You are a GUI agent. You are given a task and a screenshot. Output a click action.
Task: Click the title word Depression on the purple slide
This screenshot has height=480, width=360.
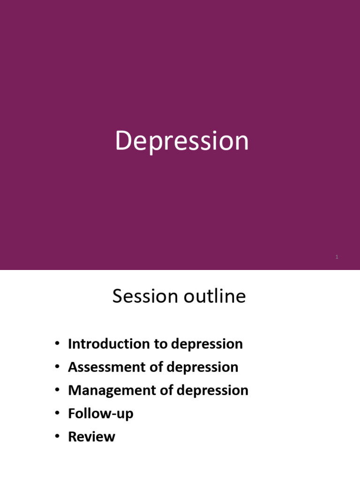click(182, 141)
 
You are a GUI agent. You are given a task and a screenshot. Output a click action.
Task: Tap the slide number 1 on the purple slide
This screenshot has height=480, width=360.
click(337, 257)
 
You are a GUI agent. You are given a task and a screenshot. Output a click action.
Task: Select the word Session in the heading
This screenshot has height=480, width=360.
click(145, 296)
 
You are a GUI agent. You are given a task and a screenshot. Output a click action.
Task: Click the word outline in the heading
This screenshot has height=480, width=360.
click(215, 296)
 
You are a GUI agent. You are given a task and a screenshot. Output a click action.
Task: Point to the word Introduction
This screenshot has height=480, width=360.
click(109, 344)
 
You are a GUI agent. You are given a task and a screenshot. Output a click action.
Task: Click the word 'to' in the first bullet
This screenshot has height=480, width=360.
click(161, 344)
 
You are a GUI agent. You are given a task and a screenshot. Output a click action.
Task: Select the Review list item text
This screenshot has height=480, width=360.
click(91, 437)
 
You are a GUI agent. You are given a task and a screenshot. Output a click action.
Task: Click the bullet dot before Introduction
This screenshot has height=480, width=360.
click(57, 344)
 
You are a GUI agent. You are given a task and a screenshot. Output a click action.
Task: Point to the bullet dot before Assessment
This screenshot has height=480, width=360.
click(57, 367)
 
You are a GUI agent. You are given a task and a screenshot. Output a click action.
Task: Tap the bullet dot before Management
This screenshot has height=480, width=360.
click(57, 390)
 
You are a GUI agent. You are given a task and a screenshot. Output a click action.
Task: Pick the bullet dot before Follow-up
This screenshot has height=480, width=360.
click(57, 413)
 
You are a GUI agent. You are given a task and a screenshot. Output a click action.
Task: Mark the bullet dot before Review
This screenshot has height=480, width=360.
click(57, 436)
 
